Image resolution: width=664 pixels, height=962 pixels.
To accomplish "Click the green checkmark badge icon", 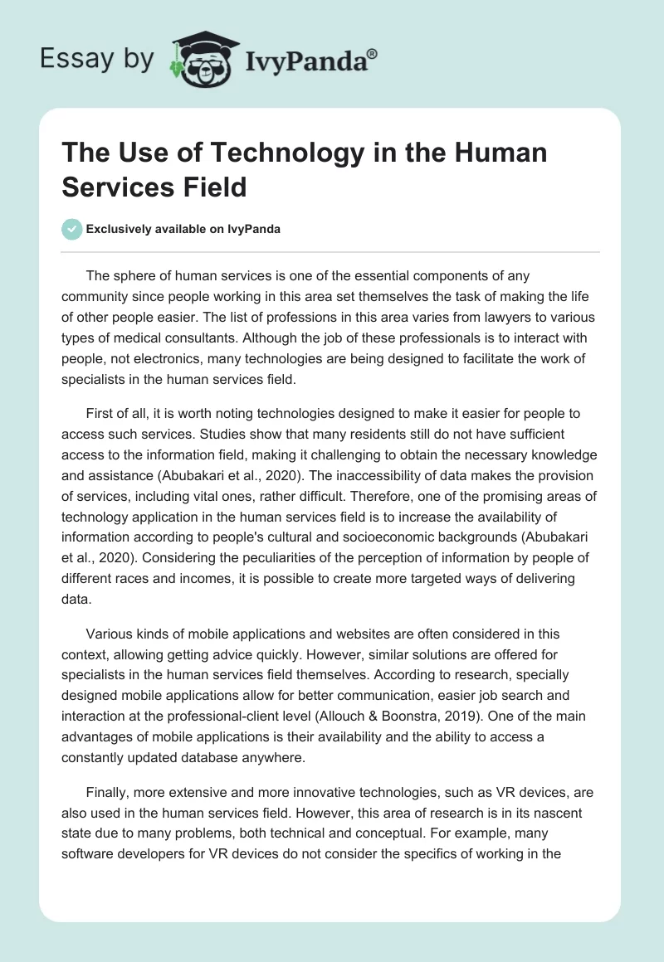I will click(72, 229).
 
